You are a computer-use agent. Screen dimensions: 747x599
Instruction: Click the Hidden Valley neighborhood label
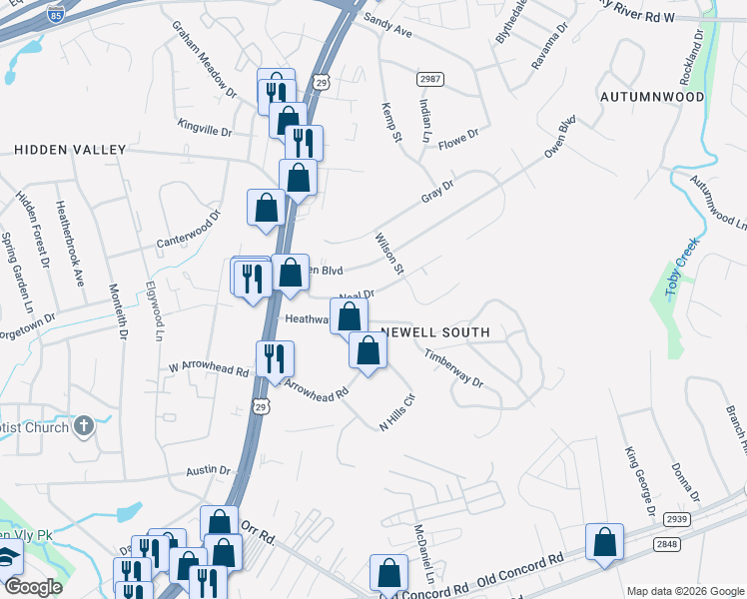click(70, 150)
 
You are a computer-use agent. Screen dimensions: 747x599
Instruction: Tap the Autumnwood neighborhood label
click(652, 97)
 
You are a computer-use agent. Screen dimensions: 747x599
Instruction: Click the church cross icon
click(86, 426)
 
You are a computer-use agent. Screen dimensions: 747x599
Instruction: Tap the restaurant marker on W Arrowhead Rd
click(275, 358)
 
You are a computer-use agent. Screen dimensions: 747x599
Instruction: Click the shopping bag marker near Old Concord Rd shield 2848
click(604, 542)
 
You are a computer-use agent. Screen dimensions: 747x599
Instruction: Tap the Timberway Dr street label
click(453, 368)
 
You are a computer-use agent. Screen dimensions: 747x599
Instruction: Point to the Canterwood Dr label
click(187, 231)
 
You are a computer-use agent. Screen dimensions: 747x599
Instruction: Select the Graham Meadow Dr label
click(204, 59)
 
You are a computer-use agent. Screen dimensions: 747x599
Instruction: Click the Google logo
click(32, 587)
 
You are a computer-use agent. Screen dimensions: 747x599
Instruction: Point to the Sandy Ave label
click(387, 25)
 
